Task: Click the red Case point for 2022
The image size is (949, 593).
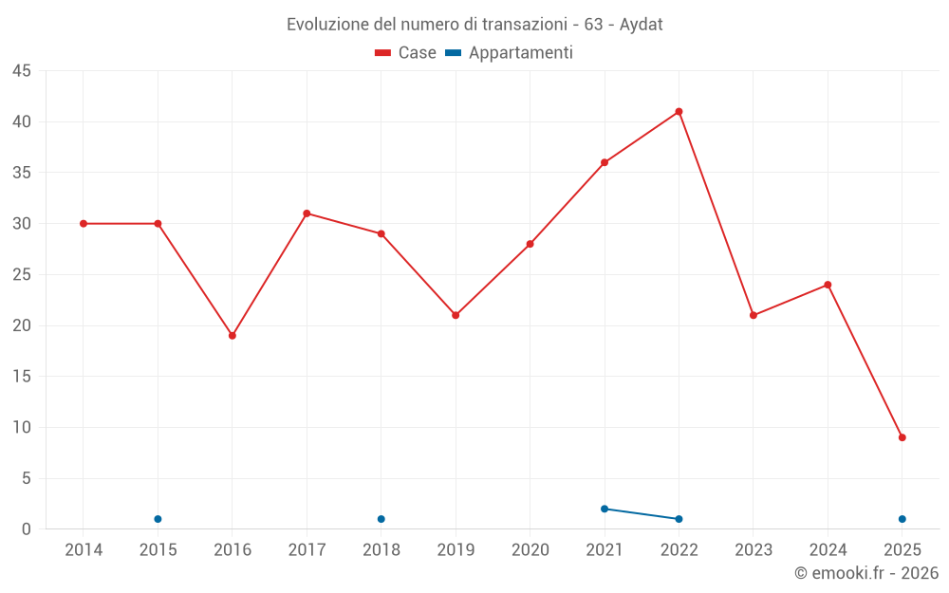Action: click(x=679, y=112)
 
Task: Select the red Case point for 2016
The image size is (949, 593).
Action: click(x=233, y=336)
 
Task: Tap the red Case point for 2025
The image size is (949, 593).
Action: click(x=902, y=437)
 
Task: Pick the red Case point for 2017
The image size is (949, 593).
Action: click(x=307, y=213)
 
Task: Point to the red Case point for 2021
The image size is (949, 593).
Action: click(x=605, y=162)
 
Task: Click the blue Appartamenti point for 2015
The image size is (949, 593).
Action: click(x=158, y=519)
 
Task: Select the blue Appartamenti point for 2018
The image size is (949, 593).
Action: click(x=381, y=519)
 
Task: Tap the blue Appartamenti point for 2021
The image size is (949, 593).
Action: click(x=605, y=509)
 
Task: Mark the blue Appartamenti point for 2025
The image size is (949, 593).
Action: click(x=902, y=519)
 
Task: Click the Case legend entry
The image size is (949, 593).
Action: click(x=406, y=53)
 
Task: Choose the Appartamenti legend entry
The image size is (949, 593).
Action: click(x=510, y=53)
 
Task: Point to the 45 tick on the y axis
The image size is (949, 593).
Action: click(x=22, y=71)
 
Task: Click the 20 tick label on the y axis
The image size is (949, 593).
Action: click(x=22, y=325)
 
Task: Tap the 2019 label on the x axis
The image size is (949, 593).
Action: click(x=456, y=549)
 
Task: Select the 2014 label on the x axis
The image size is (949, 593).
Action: click(x=84, y=549)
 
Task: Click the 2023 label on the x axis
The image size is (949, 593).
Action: click(x=754, y=549)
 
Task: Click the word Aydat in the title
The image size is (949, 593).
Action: click(x=642, y=25)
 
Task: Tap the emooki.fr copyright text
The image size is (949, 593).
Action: click(x=866, y=573)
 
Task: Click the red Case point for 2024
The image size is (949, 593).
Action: click(x=828, y=285)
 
